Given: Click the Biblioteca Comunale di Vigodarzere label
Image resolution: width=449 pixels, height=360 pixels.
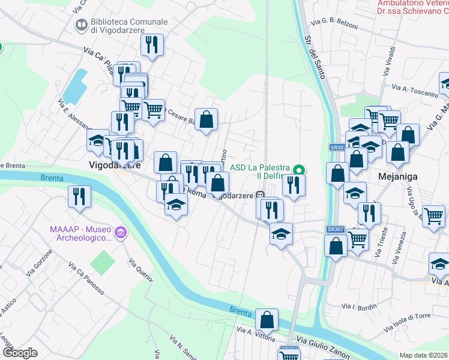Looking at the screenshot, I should coord(128,26).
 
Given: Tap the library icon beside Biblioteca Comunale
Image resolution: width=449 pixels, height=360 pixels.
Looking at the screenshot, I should coord(81,25).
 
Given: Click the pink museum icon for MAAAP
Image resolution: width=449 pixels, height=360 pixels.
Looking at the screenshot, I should coord(121,232).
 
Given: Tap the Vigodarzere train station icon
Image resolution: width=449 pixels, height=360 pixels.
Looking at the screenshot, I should coord(261,194).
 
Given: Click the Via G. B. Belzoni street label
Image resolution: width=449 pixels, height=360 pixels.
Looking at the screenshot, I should coord(334,25).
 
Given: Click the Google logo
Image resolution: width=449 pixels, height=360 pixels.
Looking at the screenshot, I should coord(20,353).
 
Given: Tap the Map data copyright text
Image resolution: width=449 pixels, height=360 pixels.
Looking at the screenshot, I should coord(424,355).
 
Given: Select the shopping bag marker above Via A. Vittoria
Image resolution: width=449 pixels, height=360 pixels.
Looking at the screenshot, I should coord(267,320).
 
